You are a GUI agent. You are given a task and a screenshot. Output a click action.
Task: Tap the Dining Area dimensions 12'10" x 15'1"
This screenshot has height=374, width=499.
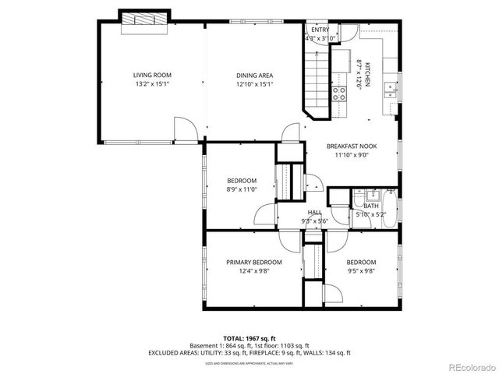click(254, 85)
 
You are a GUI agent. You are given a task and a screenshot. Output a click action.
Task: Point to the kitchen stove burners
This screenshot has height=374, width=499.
click(340, 94)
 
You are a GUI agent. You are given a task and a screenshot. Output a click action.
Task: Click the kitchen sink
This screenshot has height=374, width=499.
click(388, 96)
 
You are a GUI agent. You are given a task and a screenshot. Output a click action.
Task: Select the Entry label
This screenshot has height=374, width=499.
click(320, 30)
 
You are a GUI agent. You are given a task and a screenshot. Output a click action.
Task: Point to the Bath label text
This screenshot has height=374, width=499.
click(370, 206)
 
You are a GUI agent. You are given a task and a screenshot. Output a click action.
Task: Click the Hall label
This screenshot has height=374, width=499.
click(315, 212)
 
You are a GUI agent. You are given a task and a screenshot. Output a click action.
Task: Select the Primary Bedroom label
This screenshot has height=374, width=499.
click(254, 263)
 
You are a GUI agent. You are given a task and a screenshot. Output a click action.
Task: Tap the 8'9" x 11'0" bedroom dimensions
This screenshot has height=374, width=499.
click(242, 189)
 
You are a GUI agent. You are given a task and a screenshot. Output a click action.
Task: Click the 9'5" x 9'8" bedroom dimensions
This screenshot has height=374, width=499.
click(361, 271)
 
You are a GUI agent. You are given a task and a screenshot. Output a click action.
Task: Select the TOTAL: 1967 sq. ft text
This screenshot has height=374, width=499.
click(249, 338)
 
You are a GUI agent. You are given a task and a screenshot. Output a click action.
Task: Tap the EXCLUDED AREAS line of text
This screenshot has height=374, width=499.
click(249, 353)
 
